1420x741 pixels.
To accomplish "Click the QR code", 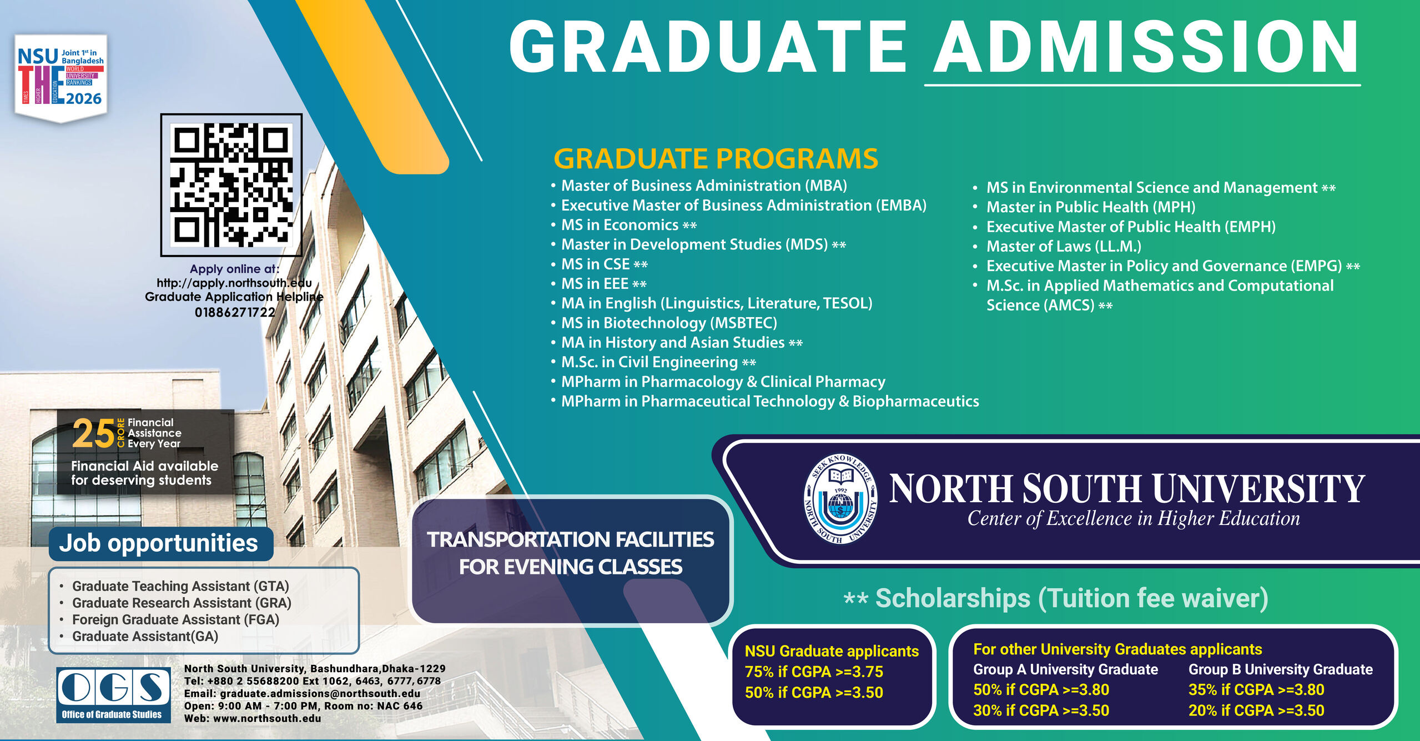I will pos(231,185).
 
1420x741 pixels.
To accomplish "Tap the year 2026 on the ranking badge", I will pos(84,99).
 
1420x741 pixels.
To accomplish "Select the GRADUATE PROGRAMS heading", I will pos(716,159).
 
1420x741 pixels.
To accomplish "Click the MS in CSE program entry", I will pos(596,264).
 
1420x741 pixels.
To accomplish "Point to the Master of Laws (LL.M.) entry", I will pos(1064,246).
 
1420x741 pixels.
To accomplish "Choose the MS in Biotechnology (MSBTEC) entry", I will pos(669,323).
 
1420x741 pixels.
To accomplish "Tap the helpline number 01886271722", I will pos(235,312).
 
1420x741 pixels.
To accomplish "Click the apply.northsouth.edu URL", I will pos(234,283).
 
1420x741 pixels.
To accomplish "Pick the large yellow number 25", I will pos(93,434).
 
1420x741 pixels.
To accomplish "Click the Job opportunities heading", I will pos(159,543).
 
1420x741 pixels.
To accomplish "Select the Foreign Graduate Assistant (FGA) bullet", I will pos(175,619).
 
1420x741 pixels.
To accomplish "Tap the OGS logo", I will pos(113,694).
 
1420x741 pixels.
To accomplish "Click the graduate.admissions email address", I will pos(320,693).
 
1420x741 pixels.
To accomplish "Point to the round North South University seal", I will pos(840,498).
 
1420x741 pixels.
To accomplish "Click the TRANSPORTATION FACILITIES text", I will pos(570,539).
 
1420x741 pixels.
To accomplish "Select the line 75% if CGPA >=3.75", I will pos(814,672).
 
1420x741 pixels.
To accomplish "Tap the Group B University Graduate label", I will pos(1280,669).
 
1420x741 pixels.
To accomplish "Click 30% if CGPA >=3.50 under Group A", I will pos(1041,710).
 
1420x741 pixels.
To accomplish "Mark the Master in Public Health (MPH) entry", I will pos(1090,207).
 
